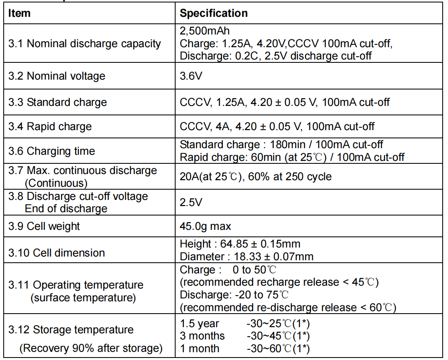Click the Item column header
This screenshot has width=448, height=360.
pyautogui.click(x=19, y=13)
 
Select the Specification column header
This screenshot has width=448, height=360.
pyautogui.click(x=213, y=13)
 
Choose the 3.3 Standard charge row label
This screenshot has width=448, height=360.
pyautogui.click(x=57, y=102)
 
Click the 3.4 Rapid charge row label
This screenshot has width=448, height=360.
pyautogui.click(x=50, y=126)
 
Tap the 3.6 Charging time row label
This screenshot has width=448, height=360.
pyautogui.click(x=52, y=151)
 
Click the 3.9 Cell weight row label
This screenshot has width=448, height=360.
pyautogui.click(x=44, y=226)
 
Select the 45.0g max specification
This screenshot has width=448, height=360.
pyautogui.click(x=205, y=226)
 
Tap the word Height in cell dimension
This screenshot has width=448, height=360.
pyautogui.click(x=195, y=244)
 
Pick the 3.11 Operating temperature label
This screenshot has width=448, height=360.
pyautogui.click(x=76, y=285)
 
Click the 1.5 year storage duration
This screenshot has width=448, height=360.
pyautogui.click(x=199, y=324)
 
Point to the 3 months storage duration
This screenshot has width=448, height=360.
pyautogui.click(x=202, y=336)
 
